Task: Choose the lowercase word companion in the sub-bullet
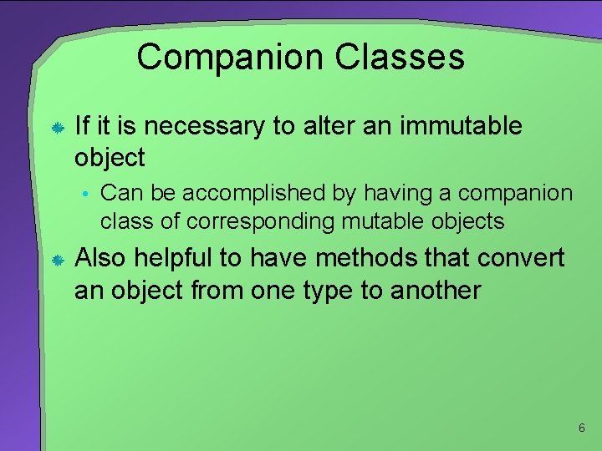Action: tap(516, 194)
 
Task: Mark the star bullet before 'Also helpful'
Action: tap(58, 261)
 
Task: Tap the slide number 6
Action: tap(581, 428)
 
